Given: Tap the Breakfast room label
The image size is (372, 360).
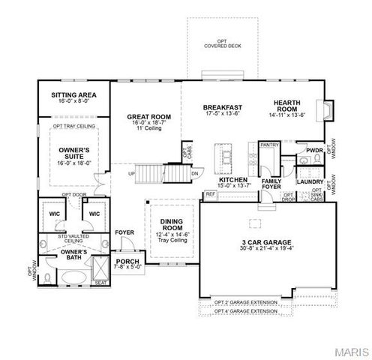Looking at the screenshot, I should [223, 108].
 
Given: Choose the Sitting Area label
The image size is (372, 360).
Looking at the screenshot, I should [73, 95].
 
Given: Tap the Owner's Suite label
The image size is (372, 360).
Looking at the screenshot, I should [73, 154].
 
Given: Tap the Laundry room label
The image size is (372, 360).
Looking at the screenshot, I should [310, 181].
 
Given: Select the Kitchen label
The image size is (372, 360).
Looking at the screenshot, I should [233, 181].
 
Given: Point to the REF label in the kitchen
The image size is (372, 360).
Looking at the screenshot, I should [210, 193].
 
